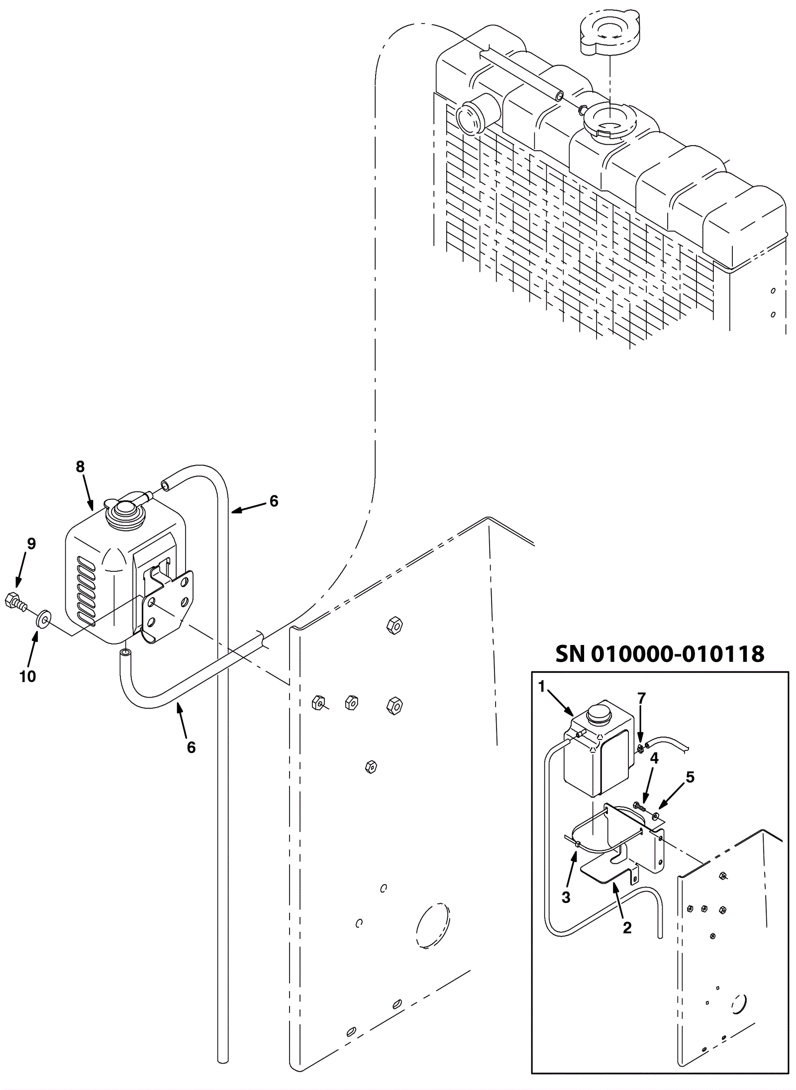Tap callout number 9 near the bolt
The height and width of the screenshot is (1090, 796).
(x=31, y=544)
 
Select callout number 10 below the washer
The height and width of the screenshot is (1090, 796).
(x=28, y=676)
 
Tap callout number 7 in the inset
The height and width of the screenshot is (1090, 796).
(x=641, y=698)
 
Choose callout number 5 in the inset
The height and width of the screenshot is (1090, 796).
(x=690, y=777)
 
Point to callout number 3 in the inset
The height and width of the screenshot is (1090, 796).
(x=566, y=897)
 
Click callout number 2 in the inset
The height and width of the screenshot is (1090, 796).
(x=627, y=927)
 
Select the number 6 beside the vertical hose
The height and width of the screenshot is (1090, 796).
(x=274, y=501)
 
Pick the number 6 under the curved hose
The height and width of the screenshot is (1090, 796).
(x=192, y=747)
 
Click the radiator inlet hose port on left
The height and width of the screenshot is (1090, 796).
(x=470, y=118)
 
